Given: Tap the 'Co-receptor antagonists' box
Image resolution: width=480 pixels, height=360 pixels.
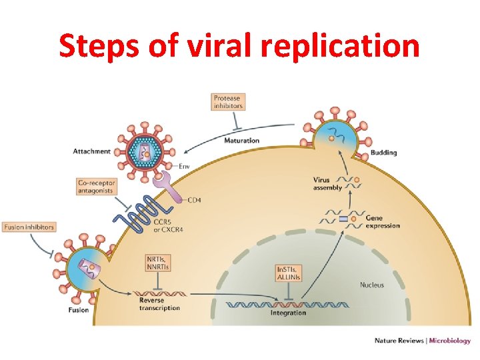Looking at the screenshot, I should pos(97,187).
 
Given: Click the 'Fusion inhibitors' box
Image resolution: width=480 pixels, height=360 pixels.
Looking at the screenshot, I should pos(29,227).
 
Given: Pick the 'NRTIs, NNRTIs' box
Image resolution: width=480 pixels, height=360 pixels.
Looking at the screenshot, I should pos(158,263).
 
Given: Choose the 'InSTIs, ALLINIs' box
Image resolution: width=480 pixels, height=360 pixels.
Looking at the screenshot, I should pos(288,273).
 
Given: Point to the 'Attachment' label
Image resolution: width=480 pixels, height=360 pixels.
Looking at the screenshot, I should pos(91,151).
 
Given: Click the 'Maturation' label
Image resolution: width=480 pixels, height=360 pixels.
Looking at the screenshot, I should pos(241,141).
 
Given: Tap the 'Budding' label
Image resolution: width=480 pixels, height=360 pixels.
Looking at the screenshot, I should pos(383,153).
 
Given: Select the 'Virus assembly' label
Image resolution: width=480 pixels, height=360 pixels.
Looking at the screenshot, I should pos(327,184).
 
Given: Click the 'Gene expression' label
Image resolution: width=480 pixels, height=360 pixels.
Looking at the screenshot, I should pos(383,222).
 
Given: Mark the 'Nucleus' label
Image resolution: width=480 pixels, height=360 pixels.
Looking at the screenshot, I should pos(371,285).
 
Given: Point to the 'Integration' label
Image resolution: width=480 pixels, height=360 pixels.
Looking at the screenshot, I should pos(288,313).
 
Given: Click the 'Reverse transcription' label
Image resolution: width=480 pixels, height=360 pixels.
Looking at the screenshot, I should pos(159,304).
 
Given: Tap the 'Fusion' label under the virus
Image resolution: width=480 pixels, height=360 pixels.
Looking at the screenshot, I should pos(78,310).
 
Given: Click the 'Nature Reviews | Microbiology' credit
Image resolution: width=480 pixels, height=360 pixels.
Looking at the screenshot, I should pos(422,341).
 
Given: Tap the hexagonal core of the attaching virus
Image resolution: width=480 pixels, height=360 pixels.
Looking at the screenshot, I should pos(143,151).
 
